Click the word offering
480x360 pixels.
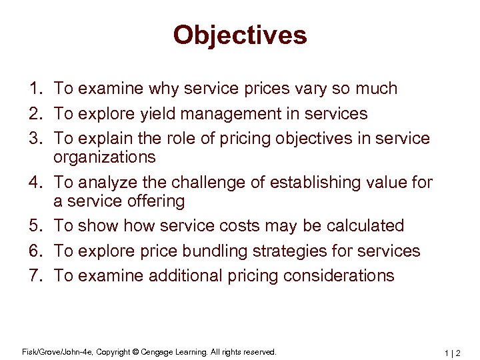[153, 201]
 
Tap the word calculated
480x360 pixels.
[365, 226]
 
